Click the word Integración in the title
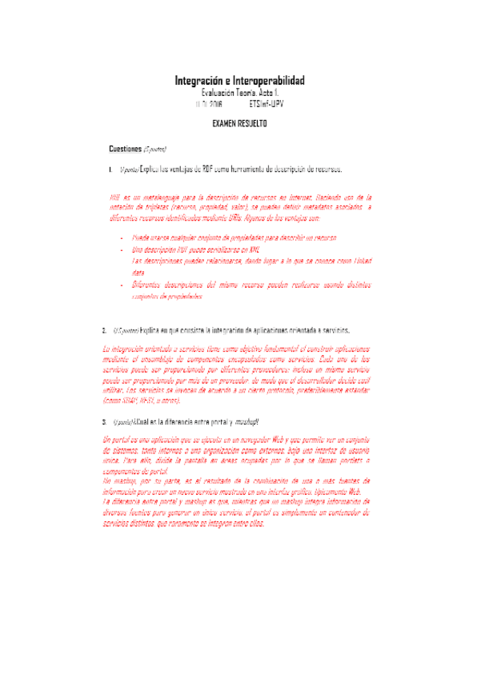[200, 82]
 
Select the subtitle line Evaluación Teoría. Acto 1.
[239, 94]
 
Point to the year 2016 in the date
[211, 104]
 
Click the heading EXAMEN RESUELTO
[239, 124]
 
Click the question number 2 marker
[105, 329]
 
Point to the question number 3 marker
[105, 421]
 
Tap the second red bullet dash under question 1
[121, 250]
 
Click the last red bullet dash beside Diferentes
[121, 285]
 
